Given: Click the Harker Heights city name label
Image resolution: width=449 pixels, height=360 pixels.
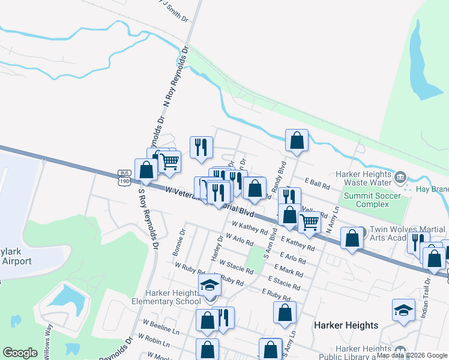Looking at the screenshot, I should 346,325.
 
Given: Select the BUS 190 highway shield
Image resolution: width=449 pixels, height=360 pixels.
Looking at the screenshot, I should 124,177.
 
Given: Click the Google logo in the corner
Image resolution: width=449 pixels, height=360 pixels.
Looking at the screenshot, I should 20,353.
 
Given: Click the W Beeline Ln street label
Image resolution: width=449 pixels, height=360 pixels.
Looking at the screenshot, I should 160,326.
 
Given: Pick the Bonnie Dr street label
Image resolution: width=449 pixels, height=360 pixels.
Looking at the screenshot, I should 179,242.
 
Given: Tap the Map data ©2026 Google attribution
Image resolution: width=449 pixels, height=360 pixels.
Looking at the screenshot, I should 412,355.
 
